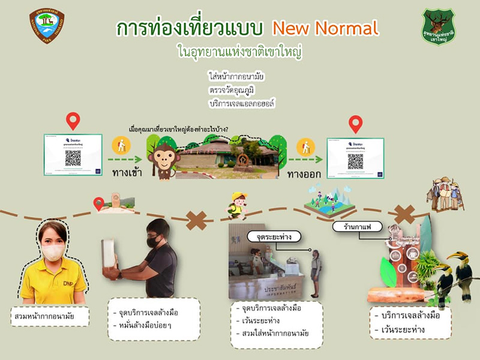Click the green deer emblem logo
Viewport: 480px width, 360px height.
(x=438, y=25)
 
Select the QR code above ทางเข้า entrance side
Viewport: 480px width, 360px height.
(x=73, y=158)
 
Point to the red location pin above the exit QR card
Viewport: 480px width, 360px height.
(x=356, y=123)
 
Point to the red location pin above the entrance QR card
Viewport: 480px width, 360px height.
(x=73, y=120)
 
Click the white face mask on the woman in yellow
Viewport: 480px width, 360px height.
(x=53, y=252)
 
